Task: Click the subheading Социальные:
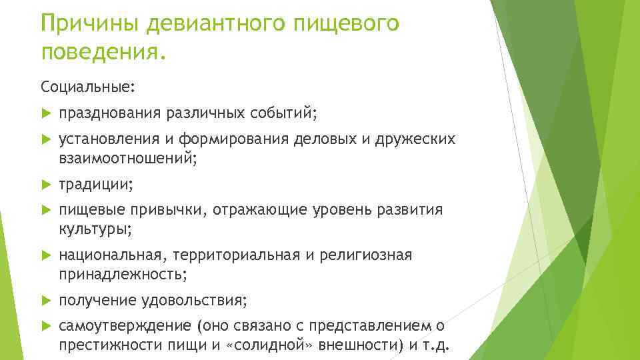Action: tap(78, 87)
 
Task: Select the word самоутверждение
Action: tap(125, 326)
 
